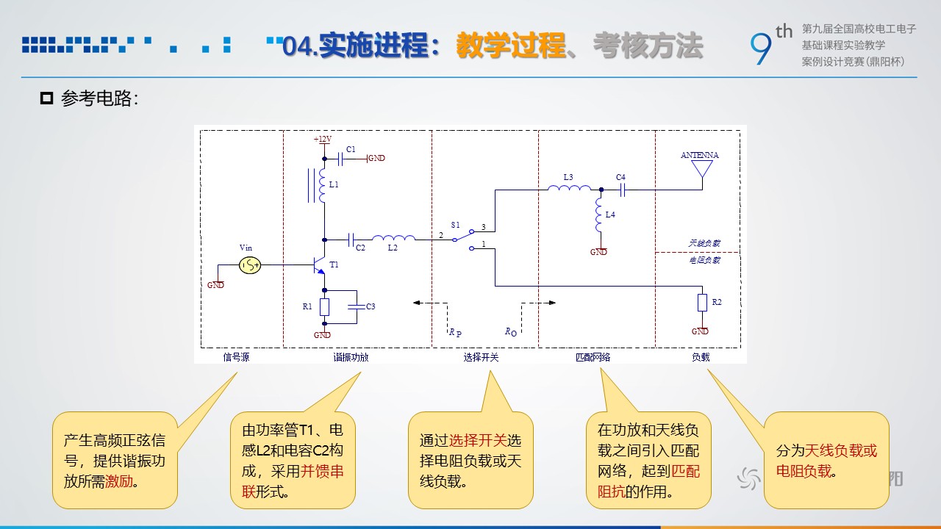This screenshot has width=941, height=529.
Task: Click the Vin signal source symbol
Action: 250,265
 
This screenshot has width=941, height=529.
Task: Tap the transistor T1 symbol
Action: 319,265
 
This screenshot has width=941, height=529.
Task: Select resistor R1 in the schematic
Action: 324,307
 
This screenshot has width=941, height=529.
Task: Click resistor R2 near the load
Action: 702,302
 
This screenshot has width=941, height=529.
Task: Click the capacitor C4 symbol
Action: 623,190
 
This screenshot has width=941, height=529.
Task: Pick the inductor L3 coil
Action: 569,188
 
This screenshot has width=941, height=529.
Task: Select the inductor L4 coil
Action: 599,215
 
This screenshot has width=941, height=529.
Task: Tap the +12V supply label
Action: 323,139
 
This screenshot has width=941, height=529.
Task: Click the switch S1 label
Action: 455,225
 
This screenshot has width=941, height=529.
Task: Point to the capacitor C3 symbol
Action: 357,306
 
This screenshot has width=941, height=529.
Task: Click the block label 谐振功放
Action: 351,357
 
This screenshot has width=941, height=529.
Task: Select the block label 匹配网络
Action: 593,357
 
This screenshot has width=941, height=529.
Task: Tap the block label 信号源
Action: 236,357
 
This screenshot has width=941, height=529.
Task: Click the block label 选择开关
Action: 481,357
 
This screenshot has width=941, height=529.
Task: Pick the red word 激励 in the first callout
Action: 119,481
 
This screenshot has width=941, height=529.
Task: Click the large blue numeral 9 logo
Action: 761,48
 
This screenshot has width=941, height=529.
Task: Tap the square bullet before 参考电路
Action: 46,98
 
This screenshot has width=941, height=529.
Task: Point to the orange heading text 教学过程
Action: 511,46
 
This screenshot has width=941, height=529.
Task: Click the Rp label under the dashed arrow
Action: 455,333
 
